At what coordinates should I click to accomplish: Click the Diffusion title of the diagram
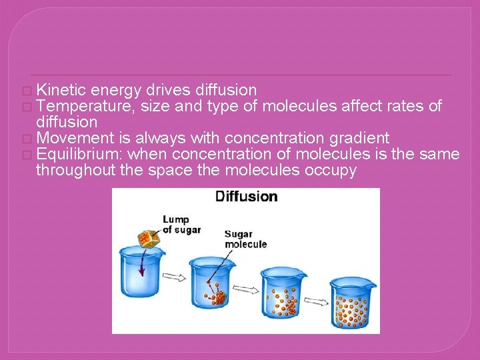246,196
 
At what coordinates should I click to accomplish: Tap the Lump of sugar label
177,225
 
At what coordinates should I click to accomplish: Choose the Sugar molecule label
245,239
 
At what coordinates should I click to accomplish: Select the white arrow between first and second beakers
175,277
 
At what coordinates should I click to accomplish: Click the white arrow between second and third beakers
247,289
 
